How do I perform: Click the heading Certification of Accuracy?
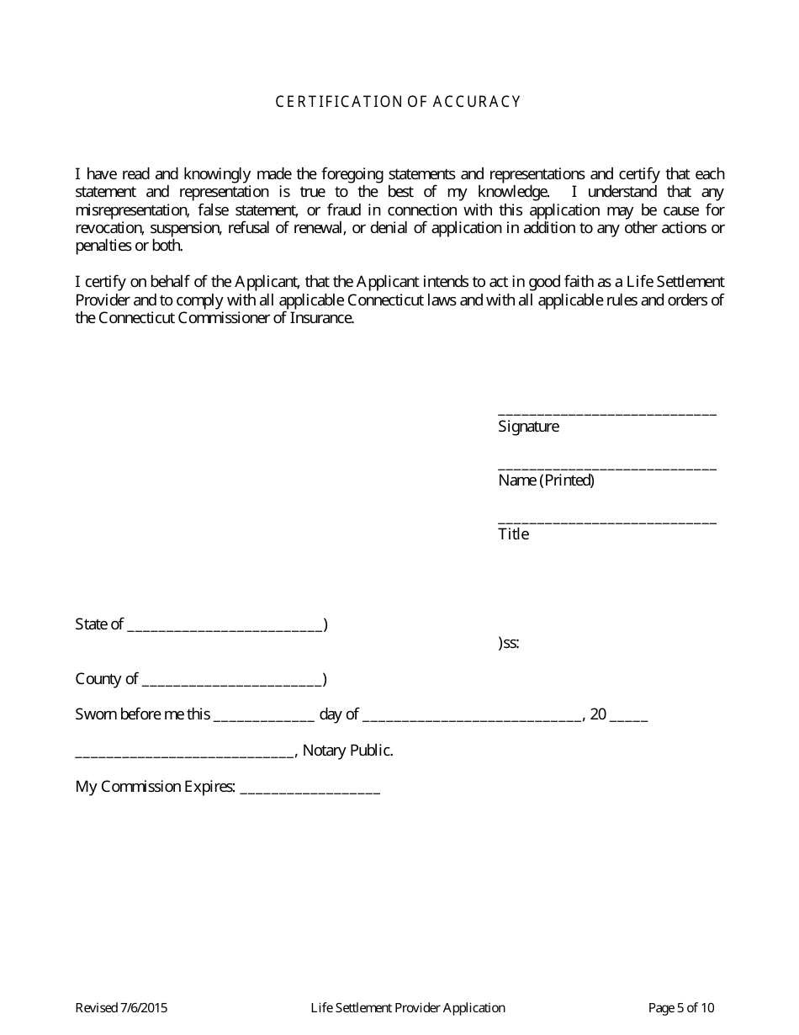tap(399, 102)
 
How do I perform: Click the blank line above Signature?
tap(607, 412)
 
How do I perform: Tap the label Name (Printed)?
tap(546, 480)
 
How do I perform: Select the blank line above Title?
tap(607, 520)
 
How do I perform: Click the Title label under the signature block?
tap(513, 534)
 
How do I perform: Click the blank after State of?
tap(225, 626)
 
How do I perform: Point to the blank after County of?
tap(232, 681)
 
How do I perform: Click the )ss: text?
tap(508, 644)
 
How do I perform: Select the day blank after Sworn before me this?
tap(264, 716)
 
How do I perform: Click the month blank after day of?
tap(473, 716)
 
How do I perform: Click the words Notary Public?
tap(347, 751)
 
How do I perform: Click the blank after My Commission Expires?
tap(310, 789)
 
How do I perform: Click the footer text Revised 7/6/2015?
tap(115, 1008)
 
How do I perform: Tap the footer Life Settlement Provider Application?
tap(408, 1008)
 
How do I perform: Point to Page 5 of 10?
tap(681, 1008)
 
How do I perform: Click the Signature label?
tap(528, 427)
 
